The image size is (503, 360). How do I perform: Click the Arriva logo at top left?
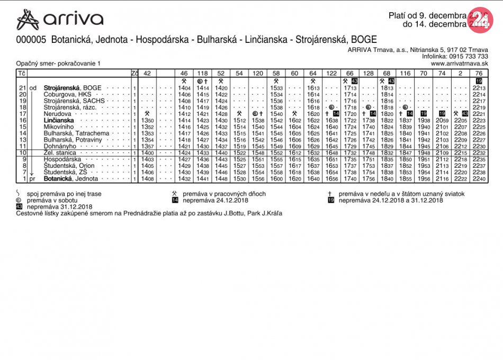click(59, 20)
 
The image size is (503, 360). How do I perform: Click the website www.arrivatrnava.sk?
click(460, 64)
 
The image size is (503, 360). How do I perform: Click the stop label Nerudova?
click(58, 114)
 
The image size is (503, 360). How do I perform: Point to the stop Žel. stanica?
click(60, 152)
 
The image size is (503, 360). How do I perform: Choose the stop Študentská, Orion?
click(69, 166)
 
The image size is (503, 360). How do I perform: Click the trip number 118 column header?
click(202, 73)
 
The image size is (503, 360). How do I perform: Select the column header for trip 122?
click(331, 73)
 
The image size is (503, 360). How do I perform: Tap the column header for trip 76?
click(479, 73)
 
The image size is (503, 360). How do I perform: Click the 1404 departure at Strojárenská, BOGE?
click(184, 88)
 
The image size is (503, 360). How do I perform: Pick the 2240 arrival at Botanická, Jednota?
click(479, 179)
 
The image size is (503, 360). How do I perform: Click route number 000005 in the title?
click(31, 40)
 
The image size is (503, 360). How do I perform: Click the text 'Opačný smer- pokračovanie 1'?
click(58, 64)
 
